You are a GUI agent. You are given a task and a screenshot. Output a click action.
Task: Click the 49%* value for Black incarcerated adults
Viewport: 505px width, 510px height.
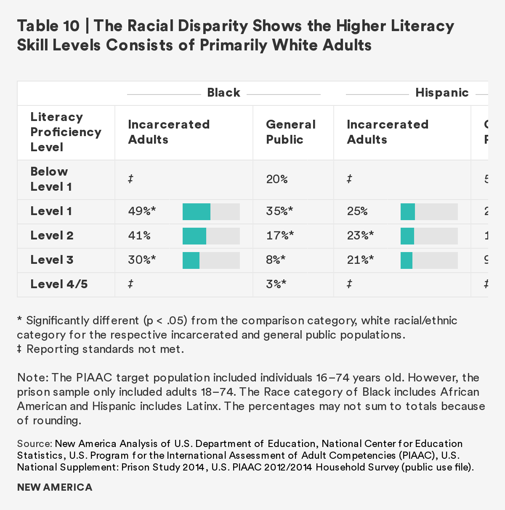[142, 211]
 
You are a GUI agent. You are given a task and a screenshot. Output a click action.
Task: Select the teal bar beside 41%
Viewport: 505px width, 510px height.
[194, 236]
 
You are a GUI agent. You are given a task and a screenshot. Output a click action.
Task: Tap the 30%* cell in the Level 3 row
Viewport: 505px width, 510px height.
[142, 260]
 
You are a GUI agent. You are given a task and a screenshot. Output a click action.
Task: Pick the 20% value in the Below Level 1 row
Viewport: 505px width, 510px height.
[276, 179]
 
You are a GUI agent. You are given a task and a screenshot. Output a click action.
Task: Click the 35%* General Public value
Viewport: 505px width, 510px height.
[279, 211]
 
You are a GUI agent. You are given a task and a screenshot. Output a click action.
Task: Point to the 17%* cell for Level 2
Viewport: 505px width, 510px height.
[279, 235]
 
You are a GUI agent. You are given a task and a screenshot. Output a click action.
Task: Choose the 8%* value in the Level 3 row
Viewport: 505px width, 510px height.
[276, 260]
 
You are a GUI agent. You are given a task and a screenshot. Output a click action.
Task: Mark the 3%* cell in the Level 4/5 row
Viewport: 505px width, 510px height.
[276, 284]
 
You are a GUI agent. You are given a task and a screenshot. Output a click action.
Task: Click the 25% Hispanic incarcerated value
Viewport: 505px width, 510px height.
[357, 211]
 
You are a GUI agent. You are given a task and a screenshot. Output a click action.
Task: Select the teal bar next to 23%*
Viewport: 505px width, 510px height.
[407, 236]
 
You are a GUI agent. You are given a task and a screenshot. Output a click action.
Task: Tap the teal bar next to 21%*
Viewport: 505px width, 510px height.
[407, 260]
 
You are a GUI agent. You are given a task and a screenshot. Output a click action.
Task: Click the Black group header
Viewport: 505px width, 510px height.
[223, 92]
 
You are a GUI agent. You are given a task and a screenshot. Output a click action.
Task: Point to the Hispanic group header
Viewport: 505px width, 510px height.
[442, 92]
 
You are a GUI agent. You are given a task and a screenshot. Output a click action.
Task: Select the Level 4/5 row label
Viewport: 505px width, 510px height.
[59, 284]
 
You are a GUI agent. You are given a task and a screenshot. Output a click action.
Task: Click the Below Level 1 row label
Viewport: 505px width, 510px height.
[50, 179]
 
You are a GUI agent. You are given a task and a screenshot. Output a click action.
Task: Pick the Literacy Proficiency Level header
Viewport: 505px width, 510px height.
[66, 132]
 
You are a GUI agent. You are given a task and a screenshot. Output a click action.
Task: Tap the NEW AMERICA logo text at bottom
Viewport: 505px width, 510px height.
[55, 487]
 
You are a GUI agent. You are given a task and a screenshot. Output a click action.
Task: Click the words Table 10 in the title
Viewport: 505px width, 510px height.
[48, 26]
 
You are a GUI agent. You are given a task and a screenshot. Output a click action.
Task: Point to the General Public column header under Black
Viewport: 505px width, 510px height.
[290, 132]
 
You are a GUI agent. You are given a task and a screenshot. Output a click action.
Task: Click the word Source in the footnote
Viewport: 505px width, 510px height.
[34, 444]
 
